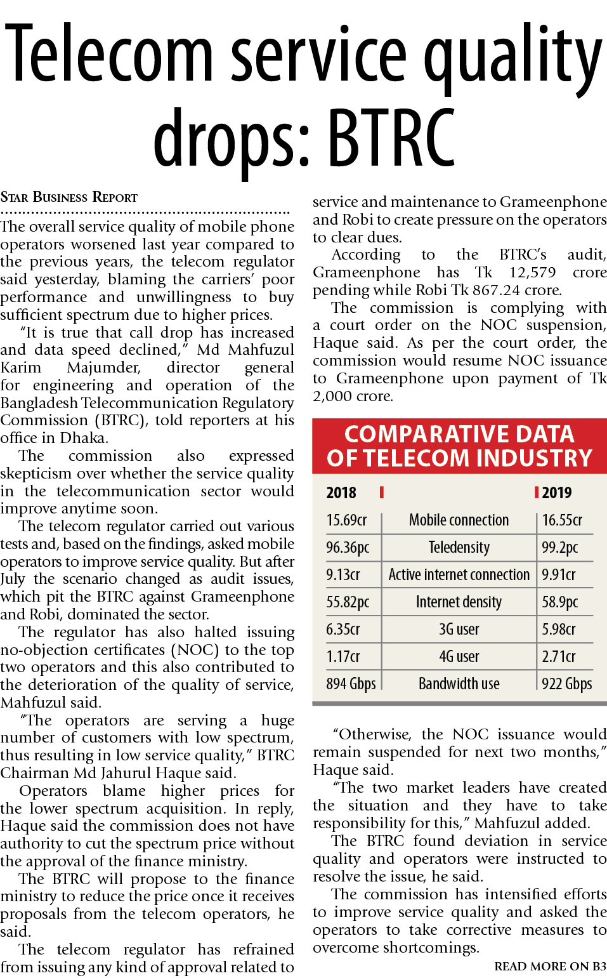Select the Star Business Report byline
pos(69,197)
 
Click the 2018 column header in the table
pos(341,492)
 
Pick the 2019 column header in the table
pos(557,492)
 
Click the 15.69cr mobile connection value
pos(346,520)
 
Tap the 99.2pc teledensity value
pos(559,548)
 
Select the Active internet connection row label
pos(459,575)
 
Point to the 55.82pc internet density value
pos(348,602)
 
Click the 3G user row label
pos(459,630)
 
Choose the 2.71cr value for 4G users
pos(559,657)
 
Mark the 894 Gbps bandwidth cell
pos(351,684)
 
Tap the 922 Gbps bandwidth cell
pos(566,684)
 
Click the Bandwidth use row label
pos(459,684)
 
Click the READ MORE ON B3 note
pos(550,967)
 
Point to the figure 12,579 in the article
pos(532,272)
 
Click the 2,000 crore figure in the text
pos(353,396)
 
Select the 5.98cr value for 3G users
pos(559,630)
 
